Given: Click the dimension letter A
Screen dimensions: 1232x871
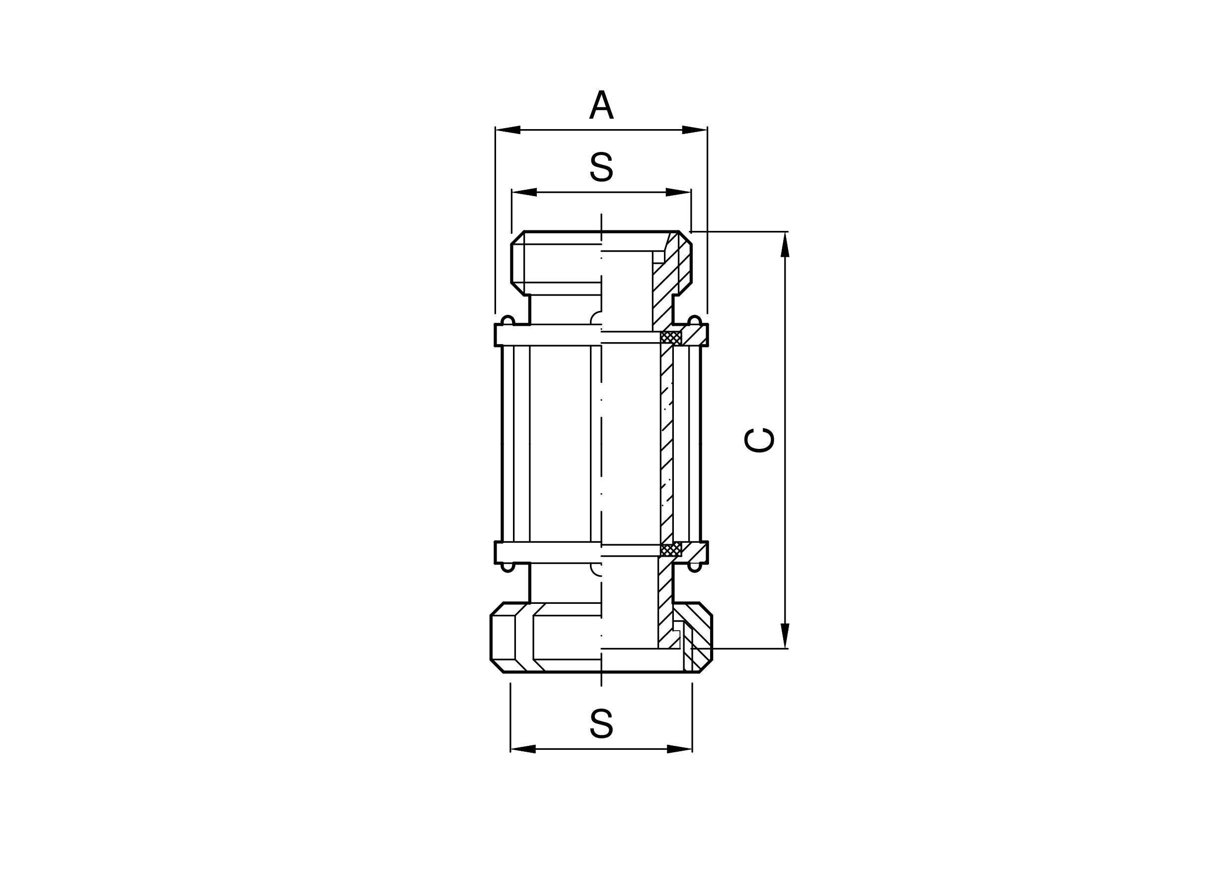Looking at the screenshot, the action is pos(601,105).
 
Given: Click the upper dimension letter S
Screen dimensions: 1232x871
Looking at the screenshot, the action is pos(601,167).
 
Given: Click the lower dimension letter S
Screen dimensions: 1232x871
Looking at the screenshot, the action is pos(601,724).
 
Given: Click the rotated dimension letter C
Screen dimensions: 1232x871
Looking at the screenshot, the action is pos(759,440).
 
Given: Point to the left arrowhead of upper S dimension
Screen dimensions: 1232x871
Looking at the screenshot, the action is pos(524,192).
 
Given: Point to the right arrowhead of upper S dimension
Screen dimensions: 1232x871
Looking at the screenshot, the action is pos(678,192).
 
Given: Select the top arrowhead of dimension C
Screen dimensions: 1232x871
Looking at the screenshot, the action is pos(785,244).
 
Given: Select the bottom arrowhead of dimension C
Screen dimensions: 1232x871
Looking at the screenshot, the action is pos(785,636).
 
